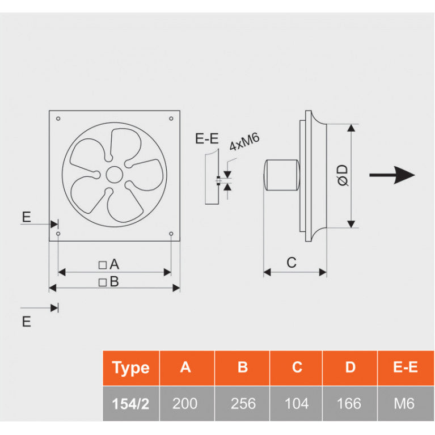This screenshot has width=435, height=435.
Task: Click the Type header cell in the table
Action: (x=130, y=368)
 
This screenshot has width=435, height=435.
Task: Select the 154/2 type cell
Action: (x=130, y=403)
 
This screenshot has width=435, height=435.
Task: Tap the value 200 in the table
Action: (x=185, y=403)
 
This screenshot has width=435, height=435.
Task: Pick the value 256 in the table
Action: (x=242, y=403)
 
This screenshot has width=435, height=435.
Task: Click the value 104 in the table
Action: (x=297, y=403)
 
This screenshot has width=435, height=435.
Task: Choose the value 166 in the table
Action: (x=349, y=403)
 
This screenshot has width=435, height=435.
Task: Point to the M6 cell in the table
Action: (x=405, y=403)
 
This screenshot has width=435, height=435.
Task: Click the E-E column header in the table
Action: (x=405, y=368)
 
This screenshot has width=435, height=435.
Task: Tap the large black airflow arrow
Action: (x=392, y=175)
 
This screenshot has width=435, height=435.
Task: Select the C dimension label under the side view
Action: (x=291, y=263)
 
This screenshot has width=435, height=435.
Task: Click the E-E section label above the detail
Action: (x=206, y=138)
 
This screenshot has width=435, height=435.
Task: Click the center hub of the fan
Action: (x=114, y=174)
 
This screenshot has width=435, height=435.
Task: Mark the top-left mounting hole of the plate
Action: (x=58, y=119)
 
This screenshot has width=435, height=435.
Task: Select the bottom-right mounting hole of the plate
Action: (x=171, y=234)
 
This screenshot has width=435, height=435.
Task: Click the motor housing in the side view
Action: (x=282, y=175)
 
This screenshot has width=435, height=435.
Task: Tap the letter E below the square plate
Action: (x=26, y=322)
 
